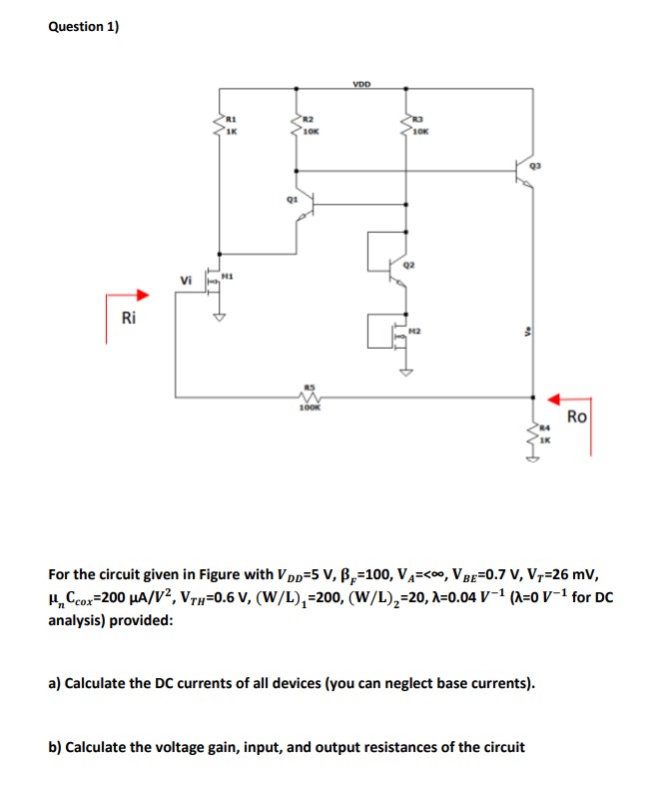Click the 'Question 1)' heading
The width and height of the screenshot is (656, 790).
click(x=83, y=27)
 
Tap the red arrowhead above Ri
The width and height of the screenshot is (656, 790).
click(x=143, y=295)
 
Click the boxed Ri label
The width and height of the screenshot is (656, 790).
click(x=127, y=319)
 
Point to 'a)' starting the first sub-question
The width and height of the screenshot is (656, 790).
click(x=56, y=684)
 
